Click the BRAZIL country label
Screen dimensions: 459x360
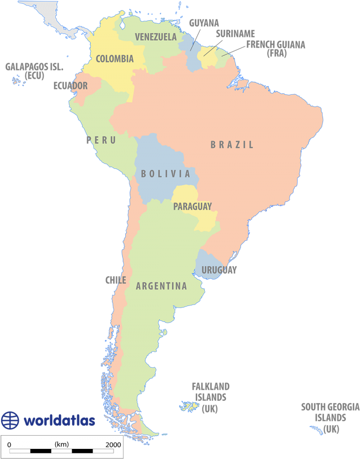click(x=232, y=145)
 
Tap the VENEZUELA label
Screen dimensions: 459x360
click(x=156, y=37)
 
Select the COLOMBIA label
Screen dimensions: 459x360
click(x=115, y=59)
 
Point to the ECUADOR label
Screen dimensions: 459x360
click(x=70, y=86)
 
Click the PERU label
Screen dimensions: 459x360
click(x=101, y=140)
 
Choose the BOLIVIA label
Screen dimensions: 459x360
click(x=165, y=174)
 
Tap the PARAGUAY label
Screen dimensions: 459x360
click(x=192, y=206)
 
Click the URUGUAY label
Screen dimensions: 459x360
click(x=219, y=270)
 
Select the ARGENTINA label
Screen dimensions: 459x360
click(x=161, y=286)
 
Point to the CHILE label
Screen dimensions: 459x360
click(x=116, y=280)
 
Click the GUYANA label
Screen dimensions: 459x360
click(x=204, y=23)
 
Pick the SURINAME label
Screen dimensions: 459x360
click(x=235, y=34)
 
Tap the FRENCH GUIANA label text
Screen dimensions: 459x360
click(x=276, y=45)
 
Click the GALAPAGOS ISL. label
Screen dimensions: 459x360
click(x=34, y=67)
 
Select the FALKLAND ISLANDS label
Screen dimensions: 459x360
click(x=210, y=392)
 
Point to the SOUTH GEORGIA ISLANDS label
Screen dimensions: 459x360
click(x=323, y=412)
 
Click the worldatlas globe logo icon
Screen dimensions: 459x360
click(x=10, y=420)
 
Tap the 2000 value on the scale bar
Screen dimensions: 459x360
click(x=113, y=444)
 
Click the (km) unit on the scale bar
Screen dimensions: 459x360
click(x=61, y=444)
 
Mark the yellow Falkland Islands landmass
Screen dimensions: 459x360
click(x=191, y=406)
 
